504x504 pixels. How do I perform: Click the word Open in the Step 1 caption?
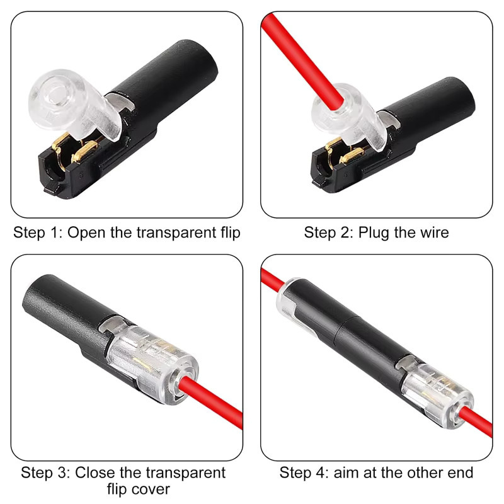click(x=86, y=232)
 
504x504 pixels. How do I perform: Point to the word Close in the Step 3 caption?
click(x=94, y=473)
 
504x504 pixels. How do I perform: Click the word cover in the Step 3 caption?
click(x=151, y=490)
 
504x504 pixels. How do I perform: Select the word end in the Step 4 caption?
click(x=461, y=473)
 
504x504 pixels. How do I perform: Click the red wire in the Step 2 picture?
click(x=302, y=61)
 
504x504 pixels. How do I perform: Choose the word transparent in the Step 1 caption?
click(x=163, y=232)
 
